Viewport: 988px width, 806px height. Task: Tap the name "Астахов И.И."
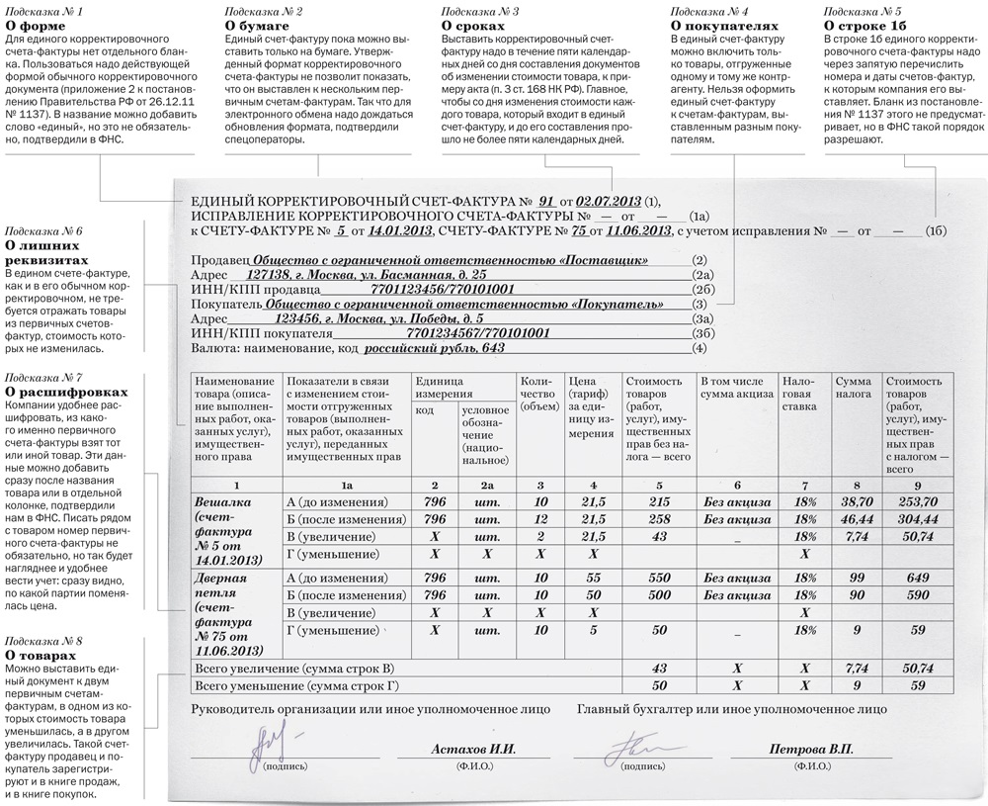pyautogui.click(x=474, y=750)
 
